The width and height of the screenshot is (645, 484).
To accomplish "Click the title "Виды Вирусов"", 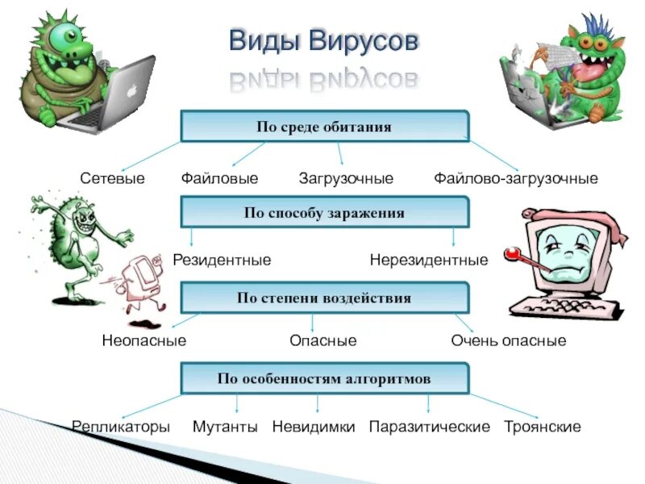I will [324, 41].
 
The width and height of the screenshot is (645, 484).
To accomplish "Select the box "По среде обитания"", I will [324, 127].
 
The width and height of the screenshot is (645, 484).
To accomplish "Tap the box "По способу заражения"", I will [324, 213].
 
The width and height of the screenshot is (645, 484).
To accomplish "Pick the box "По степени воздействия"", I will [324, 298].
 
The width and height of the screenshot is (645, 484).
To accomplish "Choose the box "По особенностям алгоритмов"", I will [324, 378].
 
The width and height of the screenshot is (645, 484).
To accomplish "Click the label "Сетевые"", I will [112, 178].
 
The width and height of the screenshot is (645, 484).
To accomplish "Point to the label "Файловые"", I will [219, 178].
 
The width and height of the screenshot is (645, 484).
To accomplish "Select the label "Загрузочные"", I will [346, 178].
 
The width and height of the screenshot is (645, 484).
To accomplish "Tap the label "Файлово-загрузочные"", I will [516, 178].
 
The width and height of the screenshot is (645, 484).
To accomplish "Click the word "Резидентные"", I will [222, 261].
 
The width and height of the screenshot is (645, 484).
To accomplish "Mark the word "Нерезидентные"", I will [429, 261].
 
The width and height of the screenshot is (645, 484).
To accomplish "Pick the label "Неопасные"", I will [144, 340].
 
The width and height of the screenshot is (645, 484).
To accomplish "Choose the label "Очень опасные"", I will [509, 340].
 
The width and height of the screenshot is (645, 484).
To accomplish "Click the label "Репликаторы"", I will [121, 427].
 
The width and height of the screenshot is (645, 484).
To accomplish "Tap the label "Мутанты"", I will [225, 427].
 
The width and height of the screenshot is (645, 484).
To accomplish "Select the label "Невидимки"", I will [314, 427].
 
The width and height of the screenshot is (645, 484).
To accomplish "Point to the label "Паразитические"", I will [429, 427].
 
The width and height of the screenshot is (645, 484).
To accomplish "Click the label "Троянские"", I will [543, 427].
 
